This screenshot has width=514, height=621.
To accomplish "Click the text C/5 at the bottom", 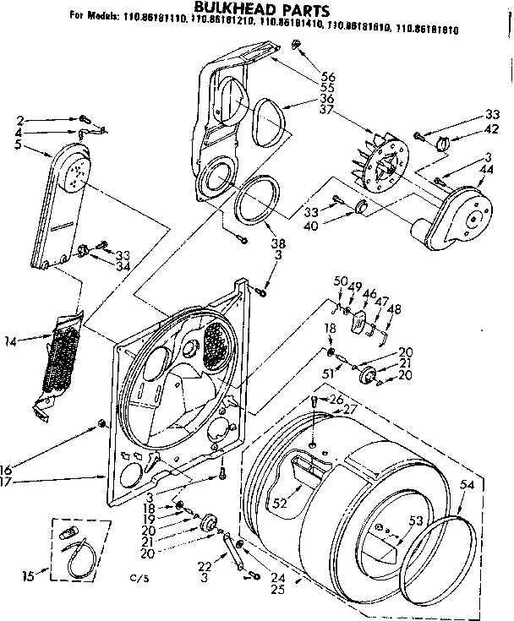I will click(x=138, y=577).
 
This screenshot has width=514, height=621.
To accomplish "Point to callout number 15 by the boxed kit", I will click(x=29, y=577).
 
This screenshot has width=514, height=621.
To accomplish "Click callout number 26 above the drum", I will click(x=336, y=399).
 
